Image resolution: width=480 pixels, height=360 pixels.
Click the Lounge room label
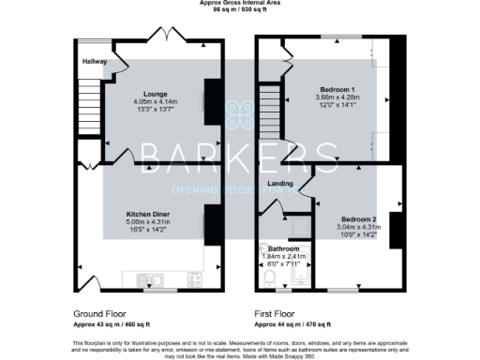[155, 94]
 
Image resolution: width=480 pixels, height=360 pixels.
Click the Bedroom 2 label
[358, 218]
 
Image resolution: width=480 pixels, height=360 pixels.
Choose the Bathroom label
[283, 248]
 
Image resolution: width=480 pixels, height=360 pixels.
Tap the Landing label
[280, 184]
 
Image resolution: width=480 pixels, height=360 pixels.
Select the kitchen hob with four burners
[195, 279]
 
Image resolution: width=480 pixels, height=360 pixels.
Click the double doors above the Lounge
[173, 38]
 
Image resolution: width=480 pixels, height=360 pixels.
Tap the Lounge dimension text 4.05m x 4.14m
[155, 101]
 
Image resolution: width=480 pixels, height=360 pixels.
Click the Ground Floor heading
[99, 312]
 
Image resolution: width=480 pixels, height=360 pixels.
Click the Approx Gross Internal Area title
[240, 3]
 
